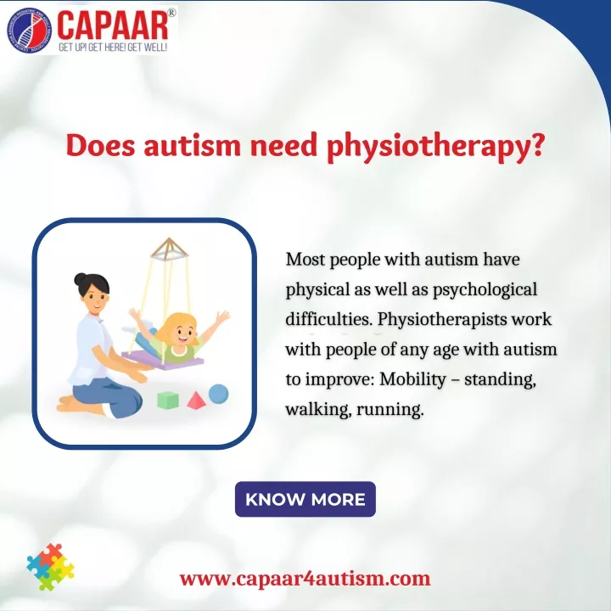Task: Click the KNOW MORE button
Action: pyautogui.click(x=305, y=499)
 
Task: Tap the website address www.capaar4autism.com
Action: pyautogui.click(x=305, y=579)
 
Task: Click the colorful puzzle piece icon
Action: pyautogui.click(x=51, y=567)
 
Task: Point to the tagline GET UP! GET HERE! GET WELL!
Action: pyautogui.click(x=113, y=48)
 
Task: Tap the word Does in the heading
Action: pyautogui.click(x=100, y=145)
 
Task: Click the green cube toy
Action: pyautogui.click(x=168, y=401)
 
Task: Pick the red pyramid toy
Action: pyautogui.click(x=196, y=401)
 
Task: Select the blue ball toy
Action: pyautogui.click(x=218, y=394)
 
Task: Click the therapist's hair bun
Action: pyautogui.click(x=80, y=278)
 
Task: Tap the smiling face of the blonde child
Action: pyautogui.click(x=182, y=334)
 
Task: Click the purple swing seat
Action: pyautogui.click(x=162, y=359)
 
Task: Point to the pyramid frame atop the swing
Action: pyautogui.click(x=170, y=248)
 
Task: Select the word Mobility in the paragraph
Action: pyautogui.click(x=412, y=379)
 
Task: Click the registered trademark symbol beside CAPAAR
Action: pyautogui.click(x=171, y=13)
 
